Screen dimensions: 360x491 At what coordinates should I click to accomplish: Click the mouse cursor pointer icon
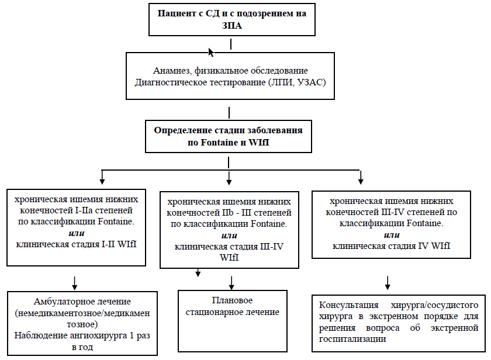[x=211, y=53]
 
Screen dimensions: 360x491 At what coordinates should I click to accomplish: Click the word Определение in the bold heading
[x=181, y=130]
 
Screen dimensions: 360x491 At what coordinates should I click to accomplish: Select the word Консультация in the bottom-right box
[x=345, y=305]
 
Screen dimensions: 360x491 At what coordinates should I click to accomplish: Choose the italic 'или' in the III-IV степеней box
[x=391, y=234]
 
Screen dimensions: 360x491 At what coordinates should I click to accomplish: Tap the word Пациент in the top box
[x=172, y=13]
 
